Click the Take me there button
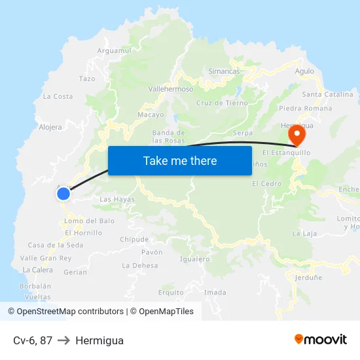[179, 160]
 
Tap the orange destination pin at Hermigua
[297, 135]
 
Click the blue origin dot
[63, 193]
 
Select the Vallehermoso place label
[171, 89]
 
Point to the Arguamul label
[114, 50]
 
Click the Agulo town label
[304, 71]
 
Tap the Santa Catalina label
[327, 94]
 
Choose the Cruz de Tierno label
[222, 103]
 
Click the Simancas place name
[223, 71]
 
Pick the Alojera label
[50, 127]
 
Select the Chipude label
[134, 240]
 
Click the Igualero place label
[194, 259]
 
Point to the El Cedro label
[266, 184]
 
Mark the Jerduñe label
[308, 278]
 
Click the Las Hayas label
[117, 199]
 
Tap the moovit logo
[320, 339]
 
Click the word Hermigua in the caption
[99, 340]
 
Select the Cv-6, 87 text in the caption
[33, 340]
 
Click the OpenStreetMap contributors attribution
[65, 312]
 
